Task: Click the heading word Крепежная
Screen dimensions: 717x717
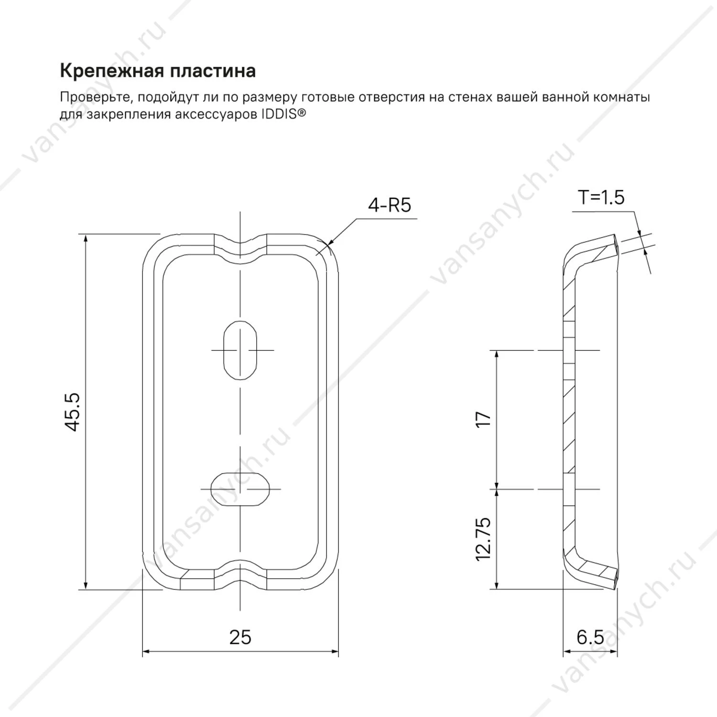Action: (108, 71)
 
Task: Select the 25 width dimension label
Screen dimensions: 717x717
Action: (240, 637)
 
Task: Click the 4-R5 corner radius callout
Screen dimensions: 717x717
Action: (389, 206)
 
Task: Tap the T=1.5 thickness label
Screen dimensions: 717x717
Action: (601, 197)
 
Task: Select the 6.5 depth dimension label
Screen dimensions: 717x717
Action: (590, 637)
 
